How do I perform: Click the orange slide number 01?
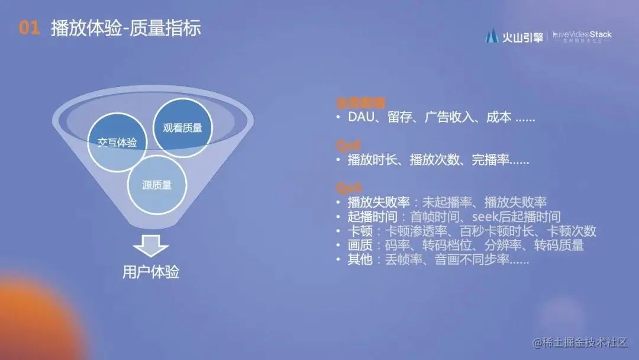point(29,28)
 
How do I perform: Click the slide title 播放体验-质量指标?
point(125,28)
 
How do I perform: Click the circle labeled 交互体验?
point(117,143)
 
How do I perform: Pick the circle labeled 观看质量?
point(182,127)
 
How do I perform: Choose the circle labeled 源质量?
point(157,185)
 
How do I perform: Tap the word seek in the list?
point(486,217)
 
